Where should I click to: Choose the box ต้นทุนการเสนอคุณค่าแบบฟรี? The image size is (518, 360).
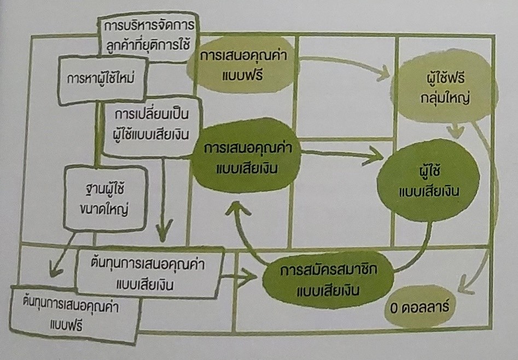72,312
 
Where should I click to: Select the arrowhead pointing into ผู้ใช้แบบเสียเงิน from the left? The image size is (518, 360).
377,158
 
